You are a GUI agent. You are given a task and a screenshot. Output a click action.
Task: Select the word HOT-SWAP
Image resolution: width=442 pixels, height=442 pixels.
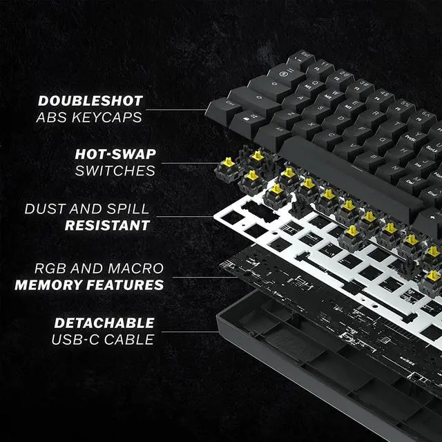click(115, 153)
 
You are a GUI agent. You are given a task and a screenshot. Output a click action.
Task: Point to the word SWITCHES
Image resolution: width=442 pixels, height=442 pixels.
click(115, 170)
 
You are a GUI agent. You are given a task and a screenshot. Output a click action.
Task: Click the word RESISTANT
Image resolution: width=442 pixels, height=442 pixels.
click(107, 225)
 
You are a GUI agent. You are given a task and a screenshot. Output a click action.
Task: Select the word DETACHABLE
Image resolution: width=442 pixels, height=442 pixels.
click(104, 323)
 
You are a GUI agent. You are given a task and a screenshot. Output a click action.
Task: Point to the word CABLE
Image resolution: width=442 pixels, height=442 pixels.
click(131, 340)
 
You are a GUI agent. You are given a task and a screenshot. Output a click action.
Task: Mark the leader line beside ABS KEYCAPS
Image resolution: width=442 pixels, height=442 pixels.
click(180, 109)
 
